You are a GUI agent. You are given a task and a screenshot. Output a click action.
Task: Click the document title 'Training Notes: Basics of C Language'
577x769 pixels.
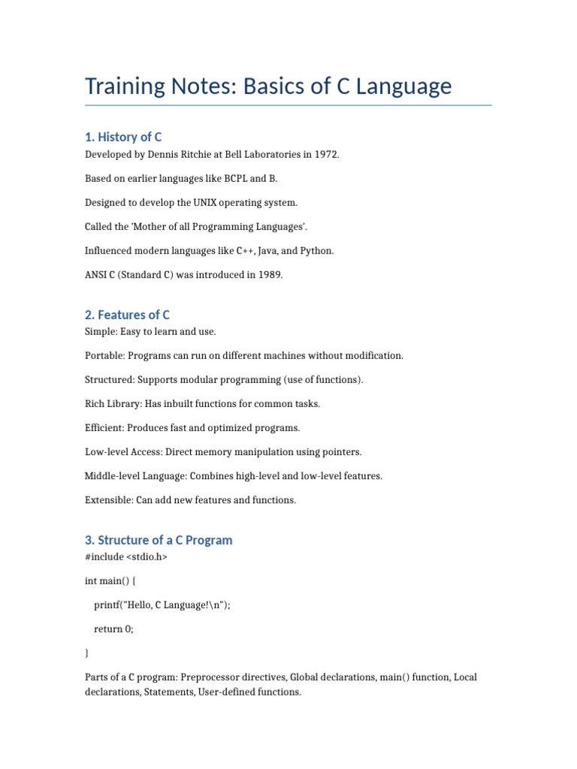click(268, 86)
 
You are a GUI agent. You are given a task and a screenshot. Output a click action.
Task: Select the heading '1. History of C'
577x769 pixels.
click(123, 137)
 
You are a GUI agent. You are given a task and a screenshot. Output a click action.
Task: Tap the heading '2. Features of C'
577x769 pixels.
click(128, 315)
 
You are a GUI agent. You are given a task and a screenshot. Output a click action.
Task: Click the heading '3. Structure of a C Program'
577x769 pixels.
click(159, 540)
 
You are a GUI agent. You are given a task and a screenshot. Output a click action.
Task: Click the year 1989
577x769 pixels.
click(270, 275)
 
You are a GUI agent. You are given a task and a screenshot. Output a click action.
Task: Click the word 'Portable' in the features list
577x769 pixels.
click(104, 356)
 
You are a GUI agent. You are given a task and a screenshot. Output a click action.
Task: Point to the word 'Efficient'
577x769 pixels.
click(104, 428)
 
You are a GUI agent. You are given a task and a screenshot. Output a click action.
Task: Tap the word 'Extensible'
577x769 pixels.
click(108, 500)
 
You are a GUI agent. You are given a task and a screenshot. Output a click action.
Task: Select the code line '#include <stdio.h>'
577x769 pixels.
click(126, 557)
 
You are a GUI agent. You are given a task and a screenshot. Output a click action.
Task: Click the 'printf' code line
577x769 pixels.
click(162, 605)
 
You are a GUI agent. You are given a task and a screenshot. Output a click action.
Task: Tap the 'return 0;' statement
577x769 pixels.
click(113, 629)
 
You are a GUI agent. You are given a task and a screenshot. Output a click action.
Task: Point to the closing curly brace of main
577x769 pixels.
click(87, 653)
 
